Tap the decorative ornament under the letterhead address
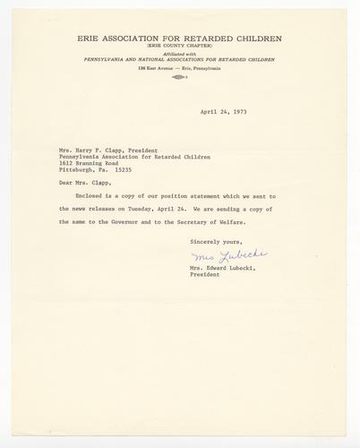(180, 77)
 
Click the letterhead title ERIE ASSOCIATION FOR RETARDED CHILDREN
(180, 39)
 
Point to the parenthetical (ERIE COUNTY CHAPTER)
(180, 46)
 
